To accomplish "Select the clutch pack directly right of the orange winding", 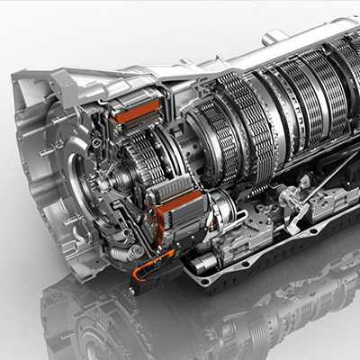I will pos(212,135).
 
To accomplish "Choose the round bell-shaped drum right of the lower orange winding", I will pos(220,211).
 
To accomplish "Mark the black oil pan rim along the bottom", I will pos(270,270).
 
